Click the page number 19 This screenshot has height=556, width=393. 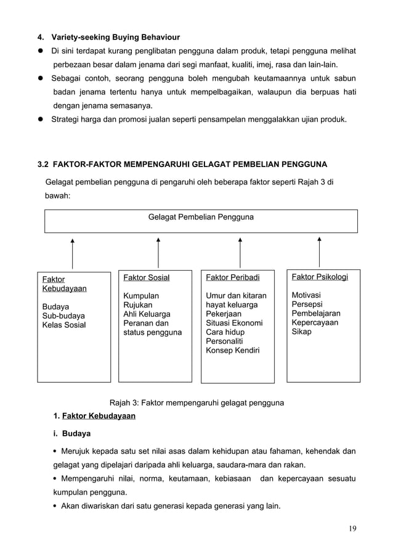352,528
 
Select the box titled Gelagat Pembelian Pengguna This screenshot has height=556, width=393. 201,221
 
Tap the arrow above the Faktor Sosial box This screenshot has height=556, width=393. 158,253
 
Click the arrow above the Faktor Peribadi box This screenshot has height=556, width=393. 240,253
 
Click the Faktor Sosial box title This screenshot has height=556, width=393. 147,277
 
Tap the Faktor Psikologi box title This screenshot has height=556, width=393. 320,277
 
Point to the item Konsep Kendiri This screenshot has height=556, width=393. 232,351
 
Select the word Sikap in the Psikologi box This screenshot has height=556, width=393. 302,332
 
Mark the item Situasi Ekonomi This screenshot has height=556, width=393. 234,323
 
